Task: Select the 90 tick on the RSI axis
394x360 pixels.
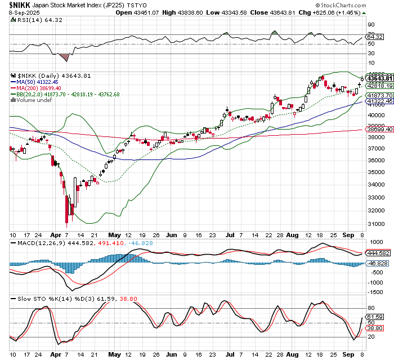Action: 370,25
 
